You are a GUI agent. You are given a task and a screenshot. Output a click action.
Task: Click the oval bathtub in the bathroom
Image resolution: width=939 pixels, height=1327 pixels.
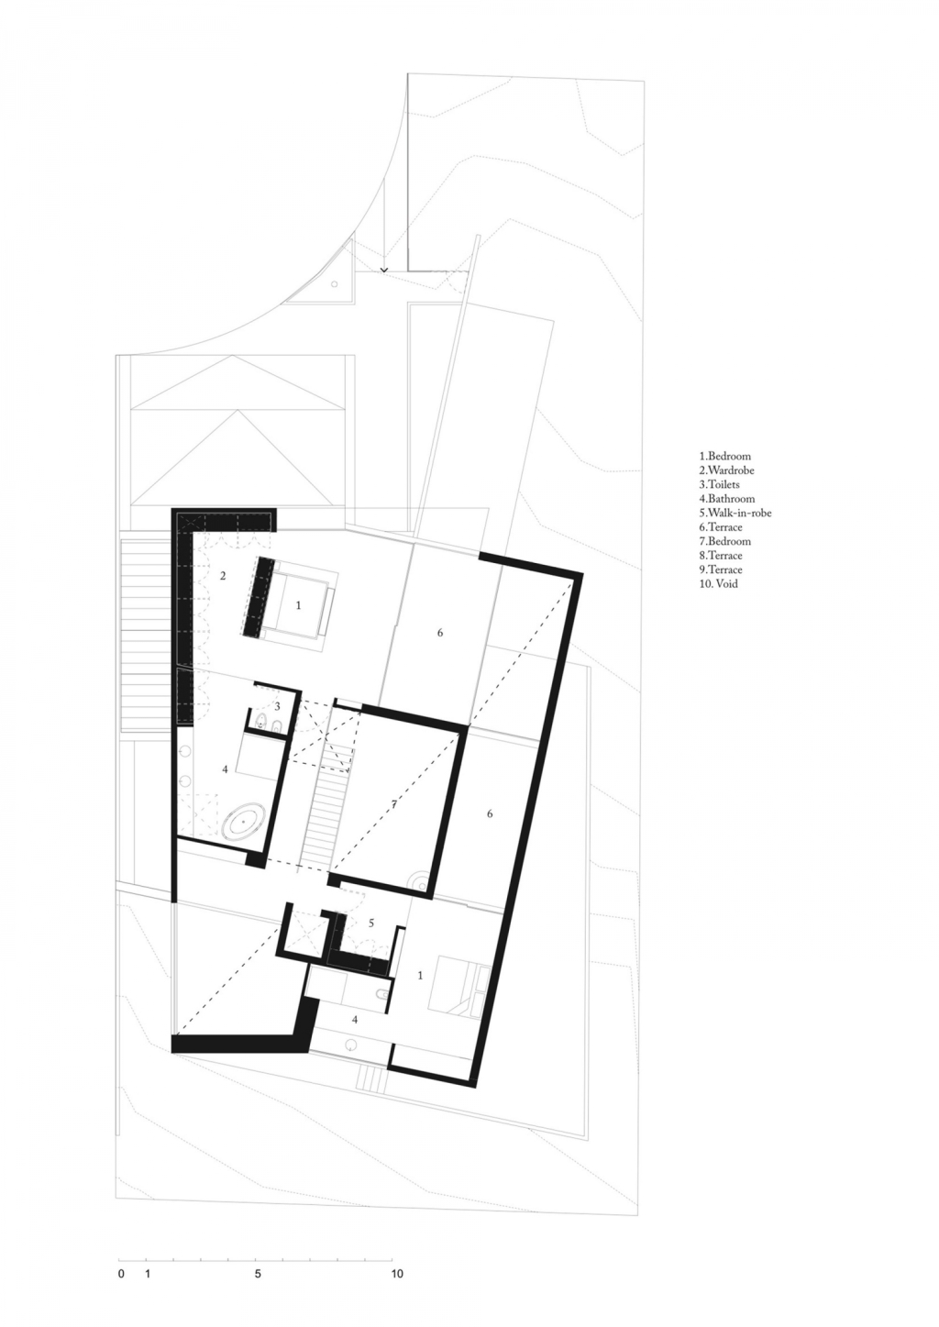(x=243, y=824)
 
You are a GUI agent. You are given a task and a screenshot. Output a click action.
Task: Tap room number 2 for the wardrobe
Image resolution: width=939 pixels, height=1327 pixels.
(x=223, y=576)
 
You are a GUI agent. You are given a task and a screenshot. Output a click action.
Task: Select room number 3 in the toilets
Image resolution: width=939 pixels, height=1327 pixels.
(x=277, y=706)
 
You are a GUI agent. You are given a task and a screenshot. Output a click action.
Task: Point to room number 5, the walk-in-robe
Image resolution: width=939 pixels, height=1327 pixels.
(x=371, y=923)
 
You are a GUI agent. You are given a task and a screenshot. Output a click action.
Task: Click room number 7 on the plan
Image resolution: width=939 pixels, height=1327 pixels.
(x=393, y=804)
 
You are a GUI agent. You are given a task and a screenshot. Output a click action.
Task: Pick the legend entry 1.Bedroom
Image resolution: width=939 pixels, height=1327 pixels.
(x=724, y=456)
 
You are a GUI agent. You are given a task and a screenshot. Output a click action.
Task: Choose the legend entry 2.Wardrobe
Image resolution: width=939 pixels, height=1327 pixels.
(x=726, y=470)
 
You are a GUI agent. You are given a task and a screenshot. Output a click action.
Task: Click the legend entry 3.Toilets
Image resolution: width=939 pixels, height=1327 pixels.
(x=719, y=484)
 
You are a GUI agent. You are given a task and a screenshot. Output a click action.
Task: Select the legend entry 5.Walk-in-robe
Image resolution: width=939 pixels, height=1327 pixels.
(x=735, y=513)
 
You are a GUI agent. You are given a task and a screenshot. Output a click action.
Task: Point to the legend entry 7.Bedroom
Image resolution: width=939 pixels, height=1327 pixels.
(x=724, y=541)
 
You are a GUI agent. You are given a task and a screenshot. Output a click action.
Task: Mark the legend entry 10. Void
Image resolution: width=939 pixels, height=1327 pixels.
(x=718, y=584)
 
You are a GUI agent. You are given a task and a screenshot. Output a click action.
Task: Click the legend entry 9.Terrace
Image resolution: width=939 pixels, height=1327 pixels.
(x=721, y=570)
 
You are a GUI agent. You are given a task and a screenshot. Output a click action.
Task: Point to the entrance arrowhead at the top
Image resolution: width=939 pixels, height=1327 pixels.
(x=384, y=270)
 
